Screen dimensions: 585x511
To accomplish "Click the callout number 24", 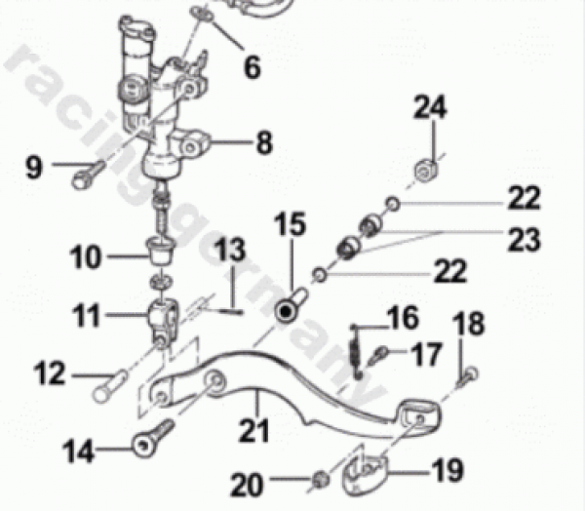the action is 430,107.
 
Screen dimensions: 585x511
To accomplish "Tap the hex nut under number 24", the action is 426,171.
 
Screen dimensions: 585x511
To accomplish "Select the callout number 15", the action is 291,224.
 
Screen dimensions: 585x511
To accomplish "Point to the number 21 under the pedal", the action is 254,430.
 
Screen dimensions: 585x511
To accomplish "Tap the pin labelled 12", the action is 110,386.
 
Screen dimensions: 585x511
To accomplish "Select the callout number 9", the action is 34,167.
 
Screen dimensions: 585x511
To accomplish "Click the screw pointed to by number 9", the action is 88,176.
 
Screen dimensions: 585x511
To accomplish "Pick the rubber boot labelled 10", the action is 161,251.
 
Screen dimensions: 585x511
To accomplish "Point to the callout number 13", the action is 230,249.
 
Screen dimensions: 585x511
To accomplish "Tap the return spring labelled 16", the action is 356,352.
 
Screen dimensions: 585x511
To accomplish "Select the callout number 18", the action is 469,324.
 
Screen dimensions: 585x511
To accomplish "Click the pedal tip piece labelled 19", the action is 365,474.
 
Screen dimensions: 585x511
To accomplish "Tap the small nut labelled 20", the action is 320,479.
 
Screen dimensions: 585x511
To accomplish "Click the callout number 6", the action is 253,66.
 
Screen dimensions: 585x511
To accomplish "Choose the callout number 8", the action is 264,142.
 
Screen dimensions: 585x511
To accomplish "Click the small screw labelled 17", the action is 377,356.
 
